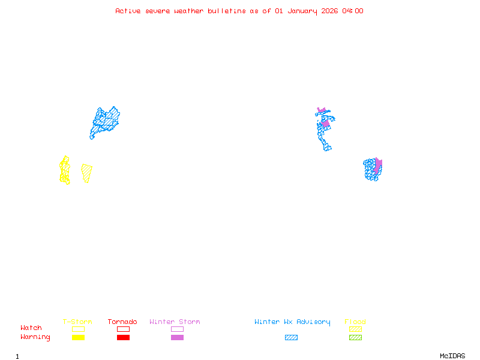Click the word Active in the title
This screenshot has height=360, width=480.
pos(128,11)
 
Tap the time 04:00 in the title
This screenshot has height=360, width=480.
pos(353,11)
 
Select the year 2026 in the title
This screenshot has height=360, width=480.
pos(329,11)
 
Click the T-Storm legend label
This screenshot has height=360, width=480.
pos(77,322)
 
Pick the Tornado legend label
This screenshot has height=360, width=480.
pos(122,322)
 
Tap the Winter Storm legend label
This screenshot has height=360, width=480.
pos(175,322)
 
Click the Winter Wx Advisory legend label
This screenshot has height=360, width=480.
pos(292,322)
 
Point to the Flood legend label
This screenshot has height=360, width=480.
pos(355,322)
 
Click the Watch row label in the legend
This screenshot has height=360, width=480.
pos(31,328)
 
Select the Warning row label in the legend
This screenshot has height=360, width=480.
pos(35,337)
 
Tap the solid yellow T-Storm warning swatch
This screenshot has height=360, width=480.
pos(78,338)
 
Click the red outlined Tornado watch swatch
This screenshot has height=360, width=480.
pos(123,329)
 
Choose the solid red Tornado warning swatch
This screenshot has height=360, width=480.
pos(123,338)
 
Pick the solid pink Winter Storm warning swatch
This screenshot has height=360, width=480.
pos(177,338)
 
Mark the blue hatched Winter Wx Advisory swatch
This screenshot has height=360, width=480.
pos(291,338)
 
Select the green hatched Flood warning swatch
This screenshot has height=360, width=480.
pos(355,338)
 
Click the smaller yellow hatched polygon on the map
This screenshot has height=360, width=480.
pos(87,173)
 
